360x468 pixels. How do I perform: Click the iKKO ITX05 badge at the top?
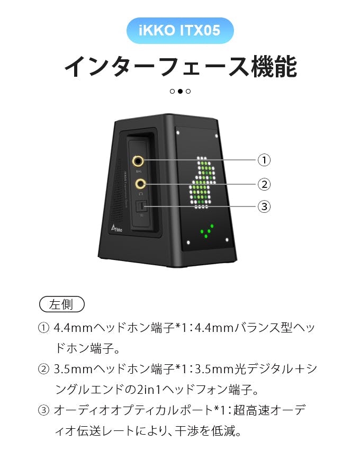click(x=180, y=31)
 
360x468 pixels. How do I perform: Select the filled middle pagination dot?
click(x=180, y=91)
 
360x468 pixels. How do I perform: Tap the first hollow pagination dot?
click(x=172, y=91)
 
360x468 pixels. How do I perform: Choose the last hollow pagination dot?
click(x=188, y=91)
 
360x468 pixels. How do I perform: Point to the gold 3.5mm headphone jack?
click(x=140, y=184)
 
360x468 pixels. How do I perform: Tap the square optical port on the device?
click(x=141, y=206)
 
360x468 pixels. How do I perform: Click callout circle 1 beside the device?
click(x=264, y=159)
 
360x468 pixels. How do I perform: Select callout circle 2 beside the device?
click(x=264, y=184)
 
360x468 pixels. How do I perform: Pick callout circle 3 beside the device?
click(x=264, y=206)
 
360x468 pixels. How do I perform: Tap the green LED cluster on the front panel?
click(x=206, y=231)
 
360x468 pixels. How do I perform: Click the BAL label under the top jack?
click(x=139, y=172)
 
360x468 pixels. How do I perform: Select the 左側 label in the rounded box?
click(x=62, y=304)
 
